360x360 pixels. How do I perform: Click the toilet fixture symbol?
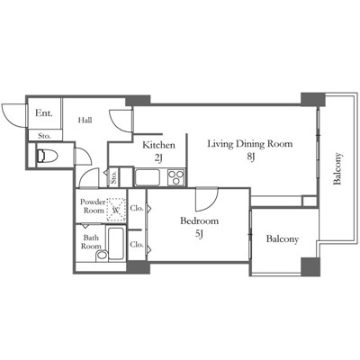[x=47, y=156]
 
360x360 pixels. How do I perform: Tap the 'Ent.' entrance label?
[x=44, y=113]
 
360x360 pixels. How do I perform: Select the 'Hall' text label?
[x=85, y=121]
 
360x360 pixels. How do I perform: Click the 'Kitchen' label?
[x=158, y=145]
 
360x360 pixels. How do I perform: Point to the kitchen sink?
[x=148, y=177]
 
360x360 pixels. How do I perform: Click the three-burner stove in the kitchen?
[x=176, y=177]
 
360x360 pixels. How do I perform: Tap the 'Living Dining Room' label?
[x=250, y=144]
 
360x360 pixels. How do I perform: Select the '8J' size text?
[x=251, y=157]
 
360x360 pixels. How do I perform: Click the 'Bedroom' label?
[x=199, y=221]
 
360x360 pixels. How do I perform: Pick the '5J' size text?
[x=200, y=234]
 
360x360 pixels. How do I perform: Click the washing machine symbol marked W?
[x=116, y=210]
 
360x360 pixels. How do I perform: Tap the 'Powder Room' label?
[x=93, y=206]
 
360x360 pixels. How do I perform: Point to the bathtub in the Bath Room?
[x=116, y=244]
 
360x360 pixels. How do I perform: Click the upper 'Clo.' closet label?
[x=137, y=208]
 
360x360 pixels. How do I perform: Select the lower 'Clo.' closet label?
[x=137, y=245]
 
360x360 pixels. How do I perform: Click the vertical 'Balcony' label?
[x=337, y=168]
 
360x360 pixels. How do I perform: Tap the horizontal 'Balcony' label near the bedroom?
[x=283, y=239]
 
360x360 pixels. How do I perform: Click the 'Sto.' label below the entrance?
[x=44, y=136]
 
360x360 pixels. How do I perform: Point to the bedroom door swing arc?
[x=211, y=203]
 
